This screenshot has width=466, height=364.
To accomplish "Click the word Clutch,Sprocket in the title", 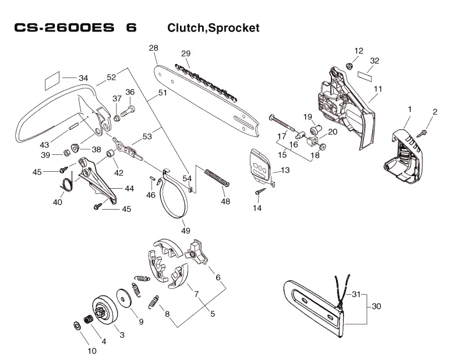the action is pos(213,28).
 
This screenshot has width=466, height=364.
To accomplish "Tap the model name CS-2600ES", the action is pos(64,27).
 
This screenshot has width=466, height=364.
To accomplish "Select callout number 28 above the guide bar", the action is pos(153,48).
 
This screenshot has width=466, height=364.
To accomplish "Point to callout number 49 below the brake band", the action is pos(186,230).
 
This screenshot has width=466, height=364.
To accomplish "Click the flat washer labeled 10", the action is pos(76,326).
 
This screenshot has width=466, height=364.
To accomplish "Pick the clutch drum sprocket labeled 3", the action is pos(104,312).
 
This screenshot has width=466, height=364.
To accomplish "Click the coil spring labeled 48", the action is pos(217,178).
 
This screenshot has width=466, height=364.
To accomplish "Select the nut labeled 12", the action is pos(349,66).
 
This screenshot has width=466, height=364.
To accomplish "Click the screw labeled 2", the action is pos(422,133).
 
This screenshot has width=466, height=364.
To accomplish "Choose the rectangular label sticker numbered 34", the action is pos(52,80).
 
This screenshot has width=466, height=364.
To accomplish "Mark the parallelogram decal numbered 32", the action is pos(365,75).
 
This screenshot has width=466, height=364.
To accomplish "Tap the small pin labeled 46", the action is pos(151,178).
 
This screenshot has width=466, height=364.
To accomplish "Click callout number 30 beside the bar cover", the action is pos(376,306).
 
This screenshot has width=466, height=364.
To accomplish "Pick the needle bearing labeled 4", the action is pos(89,320).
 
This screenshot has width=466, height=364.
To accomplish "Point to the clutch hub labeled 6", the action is pos(196,252).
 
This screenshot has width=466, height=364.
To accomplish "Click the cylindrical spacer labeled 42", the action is pos(111,154).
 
